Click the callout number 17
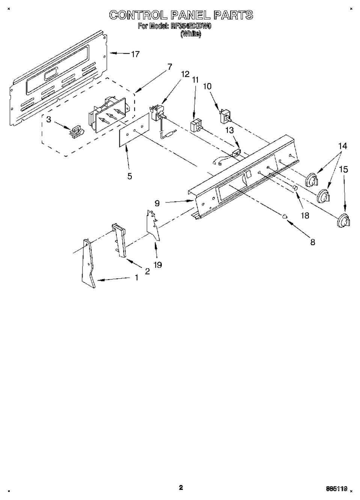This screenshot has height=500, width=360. pyautogui.click(x=135, y=54)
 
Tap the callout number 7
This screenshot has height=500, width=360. pyautogui.click(x=169, y=67)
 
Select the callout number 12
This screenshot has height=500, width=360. pyautogui.click(x=185, y=74)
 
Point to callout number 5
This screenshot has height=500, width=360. pyautogui.click(x=130, y=176)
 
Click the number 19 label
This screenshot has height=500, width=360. pyautogui.click(x=158, y=265)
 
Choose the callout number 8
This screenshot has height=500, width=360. pyautogui.click(x=312, y=242)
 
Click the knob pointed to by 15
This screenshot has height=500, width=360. pyautogui.click(x=342, y=221)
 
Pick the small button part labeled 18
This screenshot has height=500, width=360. pyautogui.click(x=295, y=187)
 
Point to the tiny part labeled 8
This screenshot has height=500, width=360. pyautogui.click(x=285, y=216)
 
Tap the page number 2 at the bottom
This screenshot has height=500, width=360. pyautogui.click(x=181, y=487)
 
